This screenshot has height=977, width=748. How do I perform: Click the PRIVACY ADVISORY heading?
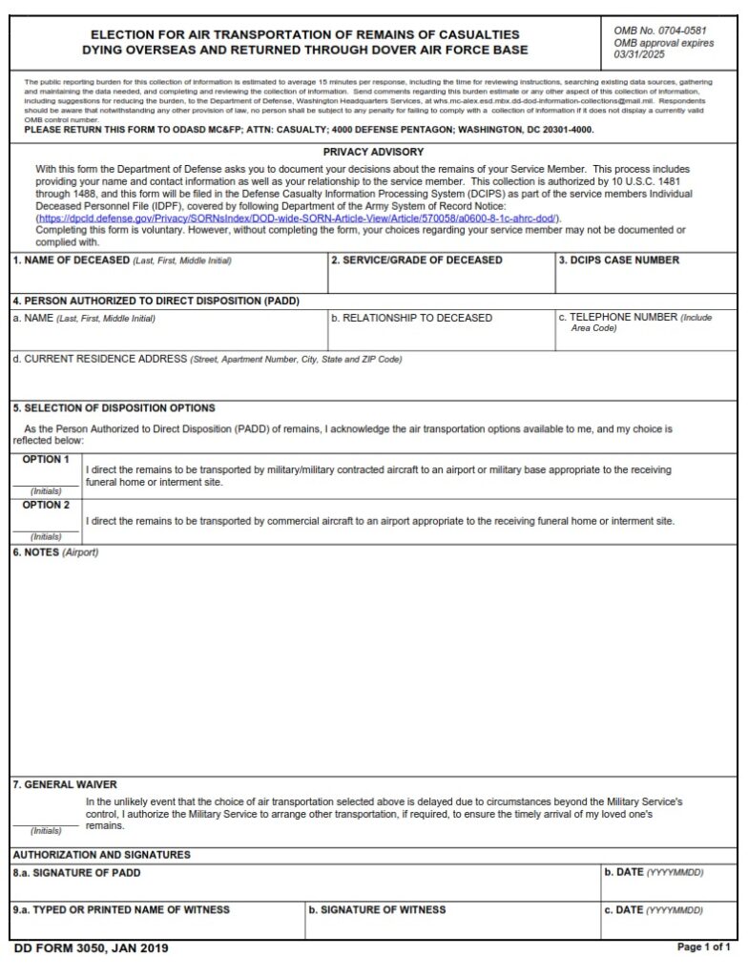[x=373, y=152]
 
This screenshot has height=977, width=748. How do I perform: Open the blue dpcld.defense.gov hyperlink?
[x=299, y=218]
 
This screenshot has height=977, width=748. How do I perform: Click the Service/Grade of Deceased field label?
[x=416, y=260]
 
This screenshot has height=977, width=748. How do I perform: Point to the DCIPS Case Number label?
[x=619, y=260]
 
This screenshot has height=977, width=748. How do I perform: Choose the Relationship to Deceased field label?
[x=411, y=318]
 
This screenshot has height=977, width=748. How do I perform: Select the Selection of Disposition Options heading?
[x=114, y=408]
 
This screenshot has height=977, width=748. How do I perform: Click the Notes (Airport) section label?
[x=55, y=552]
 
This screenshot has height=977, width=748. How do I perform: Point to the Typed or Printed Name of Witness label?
[x=121, y=909]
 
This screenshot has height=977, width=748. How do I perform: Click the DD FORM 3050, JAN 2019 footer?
[x=93, y=949]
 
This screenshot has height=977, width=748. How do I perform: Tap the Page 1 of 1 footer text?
[x=703, y=947]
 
